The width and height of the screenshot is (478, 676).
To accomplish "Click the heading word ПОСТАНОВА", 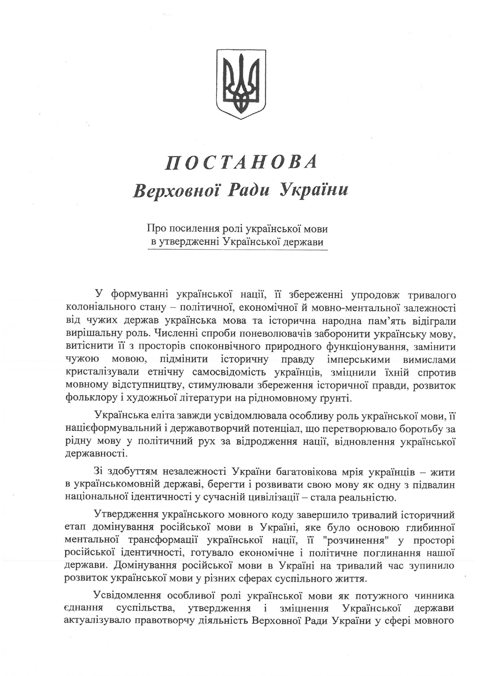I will pos(241,162).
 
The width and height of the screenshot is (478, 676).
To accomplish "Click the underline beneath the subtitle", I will pos(238,250).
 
